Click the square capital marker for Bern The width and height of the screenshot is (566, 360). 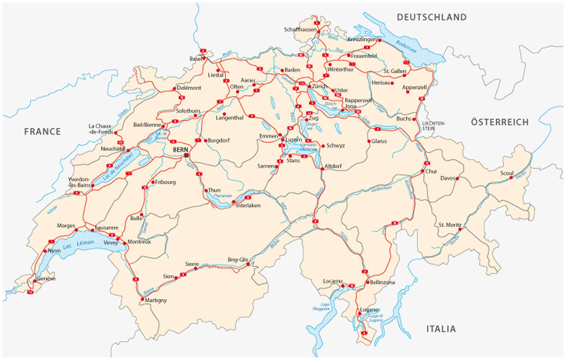click(186, 155)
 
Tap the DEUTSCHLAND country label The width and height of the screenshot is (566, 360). click(431, 17)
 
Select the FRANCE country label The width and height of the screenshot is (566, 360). click(42, 131)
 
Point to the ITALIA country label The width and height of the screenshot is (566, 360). click(441, 329)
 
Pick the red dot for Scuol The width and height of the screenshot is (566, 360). click(511, 178)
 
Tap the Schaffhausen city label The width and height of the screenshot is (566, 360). click(300, 30)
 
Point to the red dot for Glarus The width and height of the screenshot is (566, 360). click(369, 141)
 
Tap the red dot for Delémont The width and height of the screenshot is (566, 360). click(174, 88)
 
